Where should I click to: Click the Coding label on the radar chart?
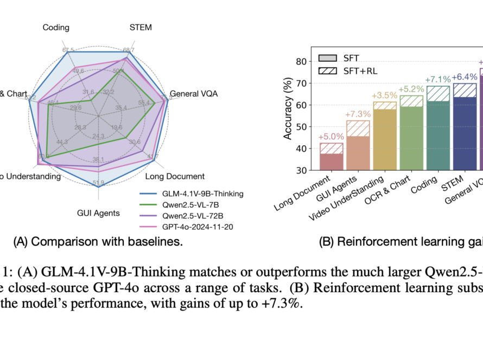click(56, 27)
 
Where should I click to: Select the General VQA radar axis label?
click(194, 94)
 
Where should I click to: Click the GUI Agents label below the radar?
click(99, 213)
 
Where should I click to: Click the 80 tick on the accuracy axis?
click(300, 62)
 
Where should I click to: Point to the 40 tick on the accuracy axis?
click(300, 149)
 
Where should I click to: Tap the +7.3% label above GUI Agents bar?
click(358, 114)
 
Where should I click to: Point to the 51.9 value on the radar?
click(99, 183)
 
